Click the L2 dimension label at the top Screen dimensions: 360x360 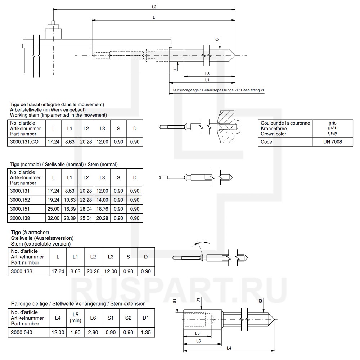154,7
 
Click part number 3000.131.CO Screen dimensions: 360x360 24,142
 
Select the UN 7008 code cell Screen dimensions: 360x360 333,142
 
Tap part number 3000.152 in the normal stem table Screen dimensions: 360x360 20,200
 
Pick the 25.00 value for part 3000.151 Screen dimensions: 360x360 54,209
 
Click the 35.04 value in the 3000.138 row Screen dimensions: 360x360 86,218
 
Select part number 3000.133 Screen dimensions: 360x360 22,271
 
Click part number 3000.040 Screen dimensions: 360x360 22,332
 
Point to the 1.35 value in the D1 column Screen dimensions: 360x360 146,332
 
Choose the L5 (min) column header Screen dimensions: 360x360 75,318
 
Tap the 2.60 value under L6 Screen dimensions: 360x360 93,332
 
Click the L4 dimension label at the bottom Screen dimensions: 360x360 229,348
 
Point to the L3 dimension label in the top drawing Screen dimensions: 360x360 208,73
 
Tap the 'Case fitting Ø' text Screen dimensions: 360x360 252,90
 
